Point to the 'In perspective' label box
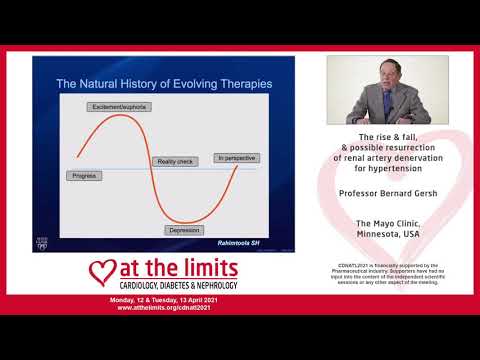[234, 158]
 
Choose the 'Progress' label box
[84, 175]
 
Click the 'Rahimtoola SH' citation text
[244, 242]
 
